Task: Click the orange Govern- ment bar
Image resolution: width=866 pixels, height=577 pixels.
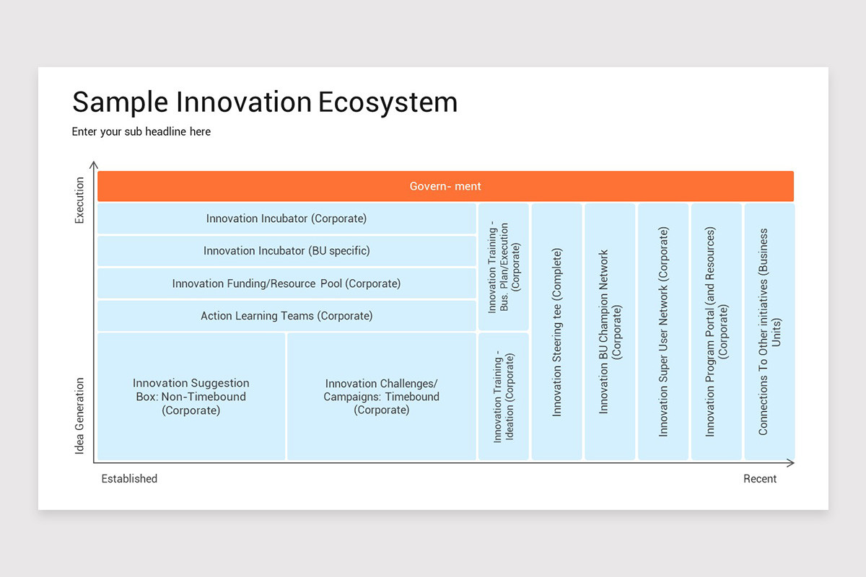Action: [x=445, y=186]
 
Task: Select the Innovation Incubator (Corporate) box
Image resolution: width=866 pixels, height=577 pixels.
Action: [x=287, y=219]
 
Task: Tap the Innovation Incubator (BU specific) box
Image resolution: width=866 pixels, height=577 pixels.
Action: [x=287, y=251]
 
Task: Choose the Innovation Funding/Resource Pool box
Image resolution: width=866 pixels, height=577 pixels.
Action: [x=287, y=283]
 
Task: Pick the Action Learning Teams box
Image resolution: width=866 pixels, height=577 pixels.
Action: [x=287, y=316]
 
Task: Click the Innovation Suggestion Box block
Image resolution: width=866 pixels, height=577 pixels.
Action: [x=191, y=397]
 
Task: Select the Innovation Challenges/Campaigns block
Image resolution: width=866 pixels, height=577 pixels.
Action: [x=382, y=397]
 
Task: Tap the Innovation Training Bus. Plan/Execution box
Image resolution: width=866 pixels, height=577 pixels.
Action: [x=504, y=267]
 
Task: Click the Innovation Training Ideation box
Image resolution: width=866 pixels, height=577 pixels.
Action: [x=504, y=397]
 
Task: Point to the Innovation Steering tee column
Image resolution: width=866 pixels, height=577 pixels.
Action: [x=556, y=332]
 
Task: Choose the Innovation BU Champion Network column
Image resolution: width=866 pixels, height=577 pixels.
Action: [x=610, y=332]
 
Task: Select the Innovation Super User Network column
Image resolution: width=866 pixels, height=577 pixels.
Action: [x=663, y=332]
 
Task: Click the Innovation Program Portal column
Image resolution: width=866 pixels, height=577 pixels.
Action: [x=717, y=332]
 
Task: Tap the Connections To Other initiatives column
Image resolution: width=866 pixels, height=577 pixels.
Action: [x=770, y=332]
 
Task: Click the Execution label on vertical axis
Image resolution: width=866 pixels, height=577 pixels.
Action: [x=79, y=201]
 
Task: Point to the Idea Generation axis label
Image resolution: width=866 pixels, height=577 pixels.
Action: [x=79, y=416]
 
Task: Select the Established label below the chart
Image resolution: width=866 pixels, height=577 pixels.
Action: [x=129, y=479]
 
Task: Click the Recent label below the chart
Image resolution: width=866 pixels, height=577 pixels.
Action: [x=760, y=479]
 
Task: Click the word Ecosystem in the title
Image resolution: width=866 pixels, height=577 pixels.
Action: [x=388, y=103]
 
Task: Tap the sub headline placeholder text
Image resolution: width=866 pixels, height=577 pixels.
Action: [x=141, y=132]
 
